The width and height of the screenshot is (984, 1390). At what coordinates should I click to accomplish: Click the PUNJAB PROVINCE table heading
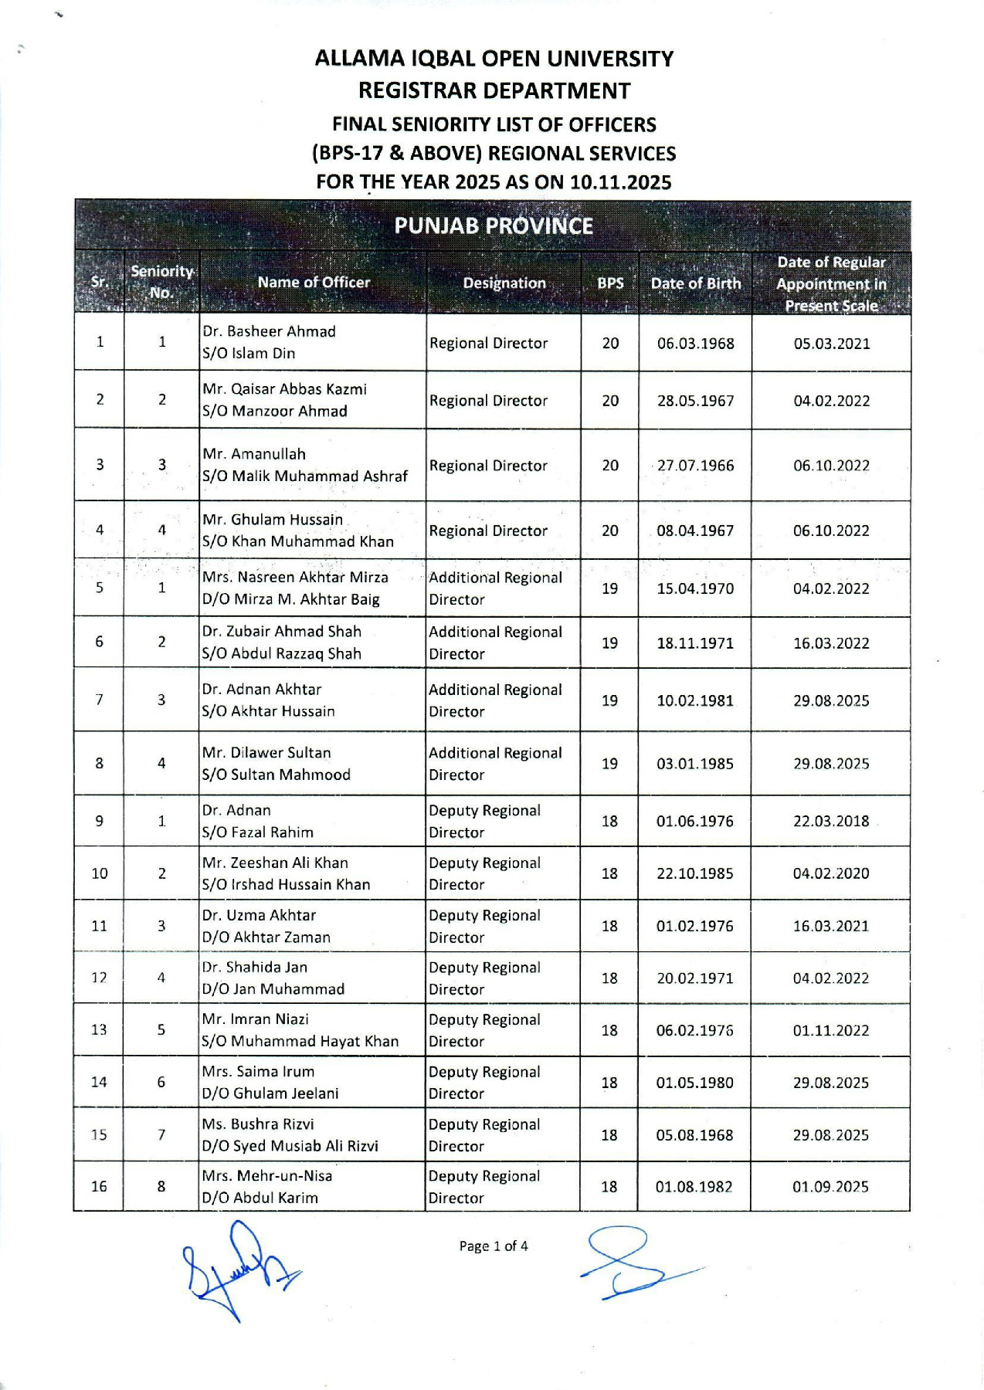[x=494, y=225]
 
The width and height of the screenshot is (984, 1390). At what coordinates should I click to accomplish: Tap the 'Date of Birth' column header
[x=695, y=283]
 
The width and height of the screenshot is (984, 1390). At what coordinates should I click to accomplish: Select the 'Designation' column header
[x=504, y=283]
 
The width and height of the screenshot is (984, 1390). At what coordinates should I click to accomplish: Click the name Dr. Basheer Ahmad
[x=269, y=331]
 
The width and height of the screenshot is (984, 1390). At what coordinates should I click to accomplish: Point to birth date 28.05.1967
[x=695, y=401]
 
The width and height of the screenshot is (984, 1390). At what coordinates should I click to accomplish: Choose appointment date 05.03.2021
[x=831, y=344]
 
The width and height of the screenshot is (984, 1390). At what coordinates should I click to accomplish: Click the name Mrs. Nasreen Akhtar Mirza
[x=295, y=577]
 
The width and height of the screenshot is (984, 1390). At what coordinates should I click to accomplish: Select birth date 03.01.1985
[x=695, y=764]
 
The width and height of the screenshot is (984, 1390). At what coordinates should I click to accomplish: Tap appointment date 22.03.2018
[x=831, y=821]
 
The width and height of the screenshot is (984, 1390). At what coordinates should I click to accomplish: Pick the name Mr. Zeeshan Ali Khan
[x=275, y=863]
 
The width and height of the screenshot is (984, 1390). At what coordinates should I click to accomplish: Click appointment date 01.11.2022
[x=831, y=1030]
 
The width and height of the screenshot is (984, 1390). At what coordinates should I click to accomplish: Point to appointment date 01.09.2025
[x=830, y=1186]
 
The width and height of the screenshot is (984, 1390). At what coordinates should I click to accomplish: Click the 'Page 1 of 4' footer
[x=494, y=1246]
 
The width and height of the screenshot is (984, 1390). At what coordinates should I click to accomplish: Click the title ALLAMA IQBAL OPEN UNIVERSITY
[x=494, y=59]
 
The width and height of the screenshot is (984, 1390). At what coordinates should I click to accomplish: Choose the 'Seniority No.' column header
[x=161, y=282]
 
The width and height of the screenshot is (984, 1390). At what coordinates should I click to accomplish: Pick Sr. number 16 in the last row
[x=99, y=1186]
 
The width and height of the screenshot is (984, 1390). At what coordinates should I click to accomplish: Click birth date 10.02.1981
[x=695, y=700]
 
